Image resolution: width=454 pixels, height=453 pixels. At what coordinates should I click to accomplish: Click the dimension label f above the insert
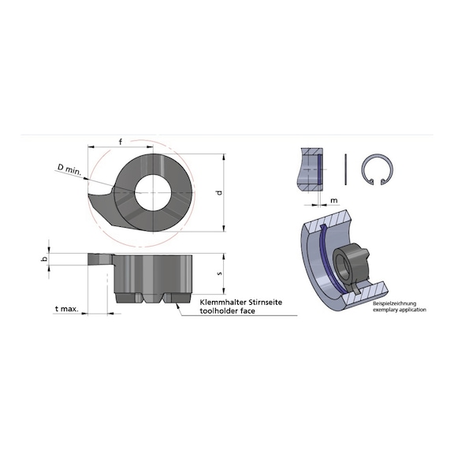pyautogui.click(x=120, y=142)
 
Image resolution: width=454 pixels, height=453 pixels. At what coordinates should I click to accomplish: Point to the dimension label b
pyautogui.click(x=46, y=258)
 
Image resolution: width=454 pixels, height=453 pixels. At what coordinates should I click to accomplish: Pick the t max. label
pyautogui.click(x=67, y=311)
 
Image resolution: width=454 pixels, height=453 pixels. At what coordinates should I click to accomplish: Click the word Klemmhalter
pyautogui.click(x=222, y=303)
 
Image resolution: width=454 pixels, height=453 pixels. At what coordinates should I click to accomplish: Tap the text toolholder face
pyautogui.click(x=229, y=311)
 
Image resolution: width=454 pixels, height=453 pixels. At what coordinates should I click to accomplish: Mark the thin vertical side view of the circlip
pyautogui.click(x=348, y=168)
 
